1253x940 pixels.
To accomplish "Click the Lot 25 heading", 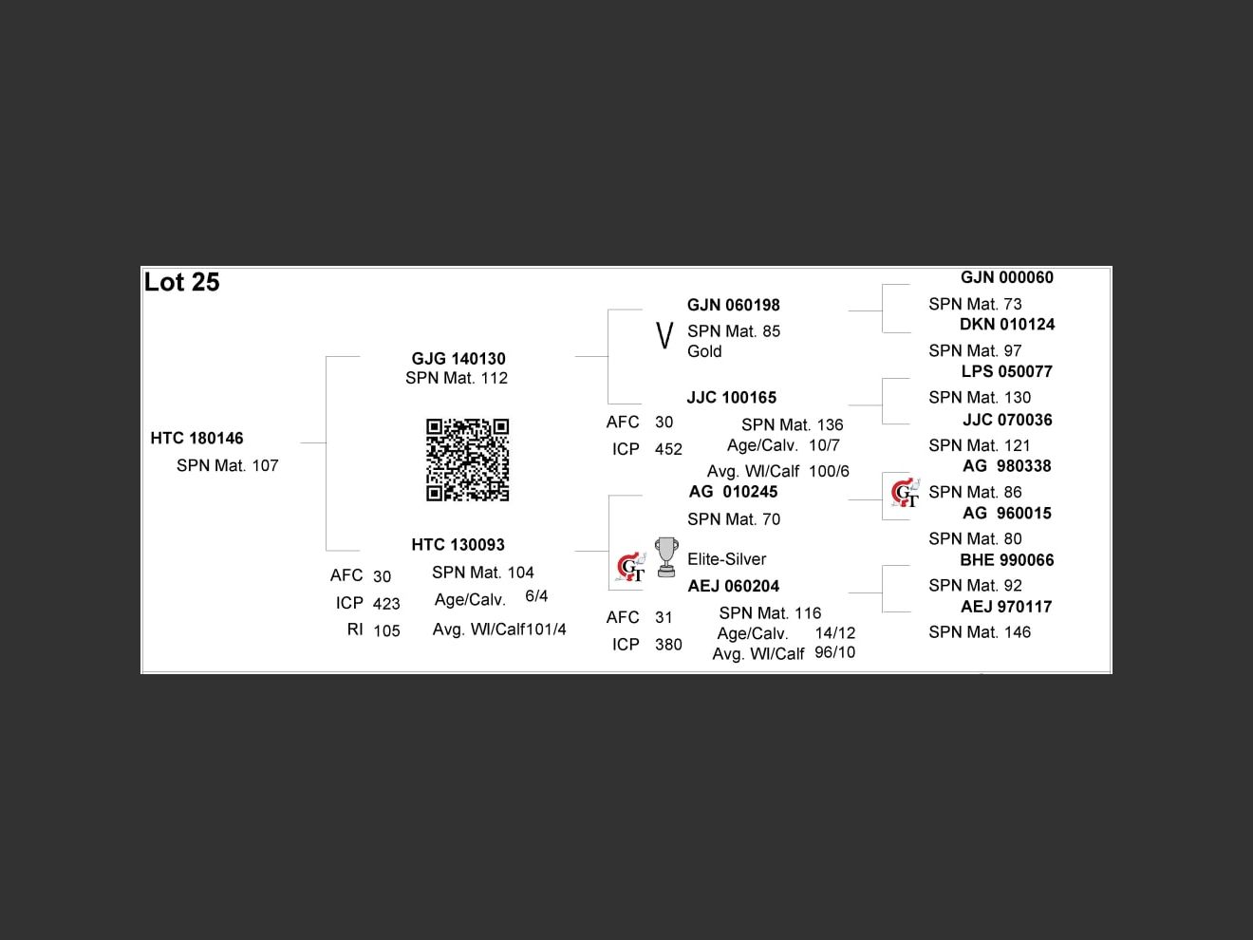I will [181, 282].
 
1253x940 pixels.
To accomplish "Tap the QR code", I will [467, 460].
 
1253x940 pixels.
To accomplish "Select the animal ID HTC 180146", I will [196, 438].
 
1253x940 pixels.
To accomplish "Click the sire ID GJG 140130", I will [458, 358].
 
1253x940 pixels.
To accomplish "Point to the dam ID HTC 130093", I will [458, 544].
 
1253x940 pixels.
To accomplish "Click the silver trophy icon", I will [666, 556].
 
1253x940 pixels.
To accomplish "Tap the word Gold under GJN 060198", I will [704, 351].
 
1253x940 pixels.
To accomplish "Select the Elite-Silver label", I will [726, 559].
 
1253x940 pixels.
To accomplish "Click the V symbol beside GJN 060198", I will [664, 335].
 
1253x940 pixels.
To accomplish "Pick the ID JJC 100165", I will [731, 397].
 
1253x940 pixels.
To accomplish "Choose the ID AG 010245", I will [733, 491].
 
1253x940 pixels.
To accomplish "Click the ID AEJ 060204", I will [733, 586].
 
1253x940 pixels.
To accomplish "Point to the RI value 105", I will [386, 630].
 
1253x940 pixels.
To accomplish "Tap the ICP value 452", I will [668, 449].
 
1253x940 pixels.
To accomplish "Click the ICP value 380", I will [668, 645].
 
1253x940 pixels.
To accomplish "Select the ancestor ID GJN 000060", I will [1006, 277].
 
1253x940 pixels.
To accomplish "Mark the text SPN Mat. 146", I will [979, 632].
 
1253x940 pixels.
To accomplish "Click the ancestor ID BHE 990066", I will [1006, 560].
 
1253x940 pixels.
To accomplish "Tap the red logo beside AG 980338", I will [906, 493].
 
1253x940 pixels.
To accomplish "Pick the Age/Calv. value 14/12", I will [834, 632].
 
